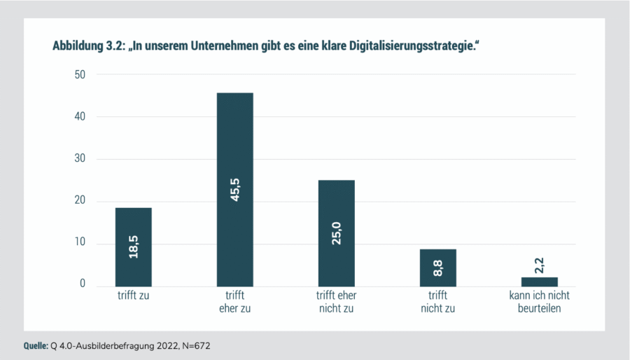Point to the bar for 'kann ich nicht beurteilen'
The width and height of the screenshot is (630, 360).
click(x=540, y=282)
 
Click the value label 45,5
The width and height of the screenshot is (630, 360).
click(x=235, y=189)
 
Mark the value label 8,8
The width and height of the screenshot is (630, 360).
click(x=438, y=268)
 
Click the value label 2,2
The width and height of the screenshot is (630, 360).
click(x=540, y=265)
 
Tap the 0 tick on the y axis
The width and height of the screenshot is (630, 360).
click(x=83, y=285)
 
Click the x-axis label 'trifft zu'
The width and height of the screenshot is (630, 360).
click(x=134, y=297)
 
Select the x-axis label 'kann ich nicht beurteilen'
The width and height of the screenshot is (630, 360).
click(x=540, y=303)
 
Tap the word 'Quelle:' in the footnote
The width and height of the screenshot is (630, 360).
click(x=35, y=346)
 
